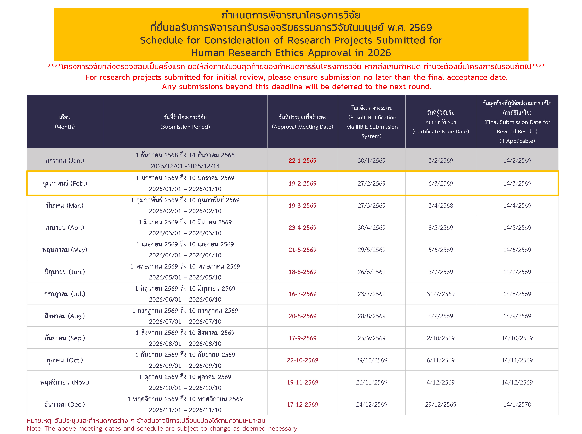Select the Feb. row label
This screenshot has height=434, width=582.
(65, 183)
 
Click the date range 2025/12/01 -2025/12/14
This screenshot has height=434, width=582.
(185, 166)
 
